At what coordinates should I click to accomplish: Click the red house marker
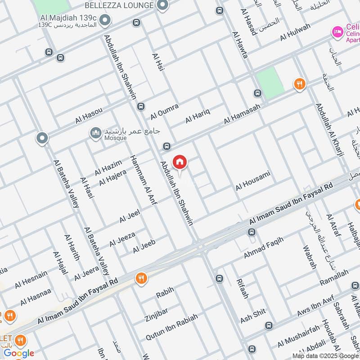180,162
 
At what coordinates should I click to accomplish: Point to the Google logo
19,352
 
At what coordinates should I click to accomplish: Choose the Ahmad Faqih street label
264,248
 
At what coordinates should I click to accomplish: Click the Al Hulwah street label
295,32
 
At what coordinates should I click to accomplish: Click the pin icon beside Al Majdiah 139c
105,20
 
